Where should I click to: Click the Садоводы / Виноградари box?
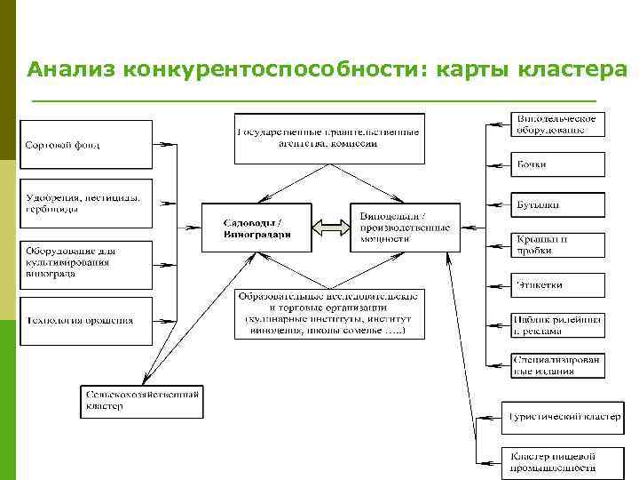[x=256, y=228]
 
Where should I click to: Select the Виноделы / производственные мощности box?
[x=405, y=228]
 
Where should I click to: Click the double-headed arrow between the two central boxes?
[x=330, y=228]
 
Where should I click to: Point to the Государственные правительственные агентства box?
[x=329, y=138]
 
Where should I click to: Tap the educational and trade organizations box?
[x=329, y=314]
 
